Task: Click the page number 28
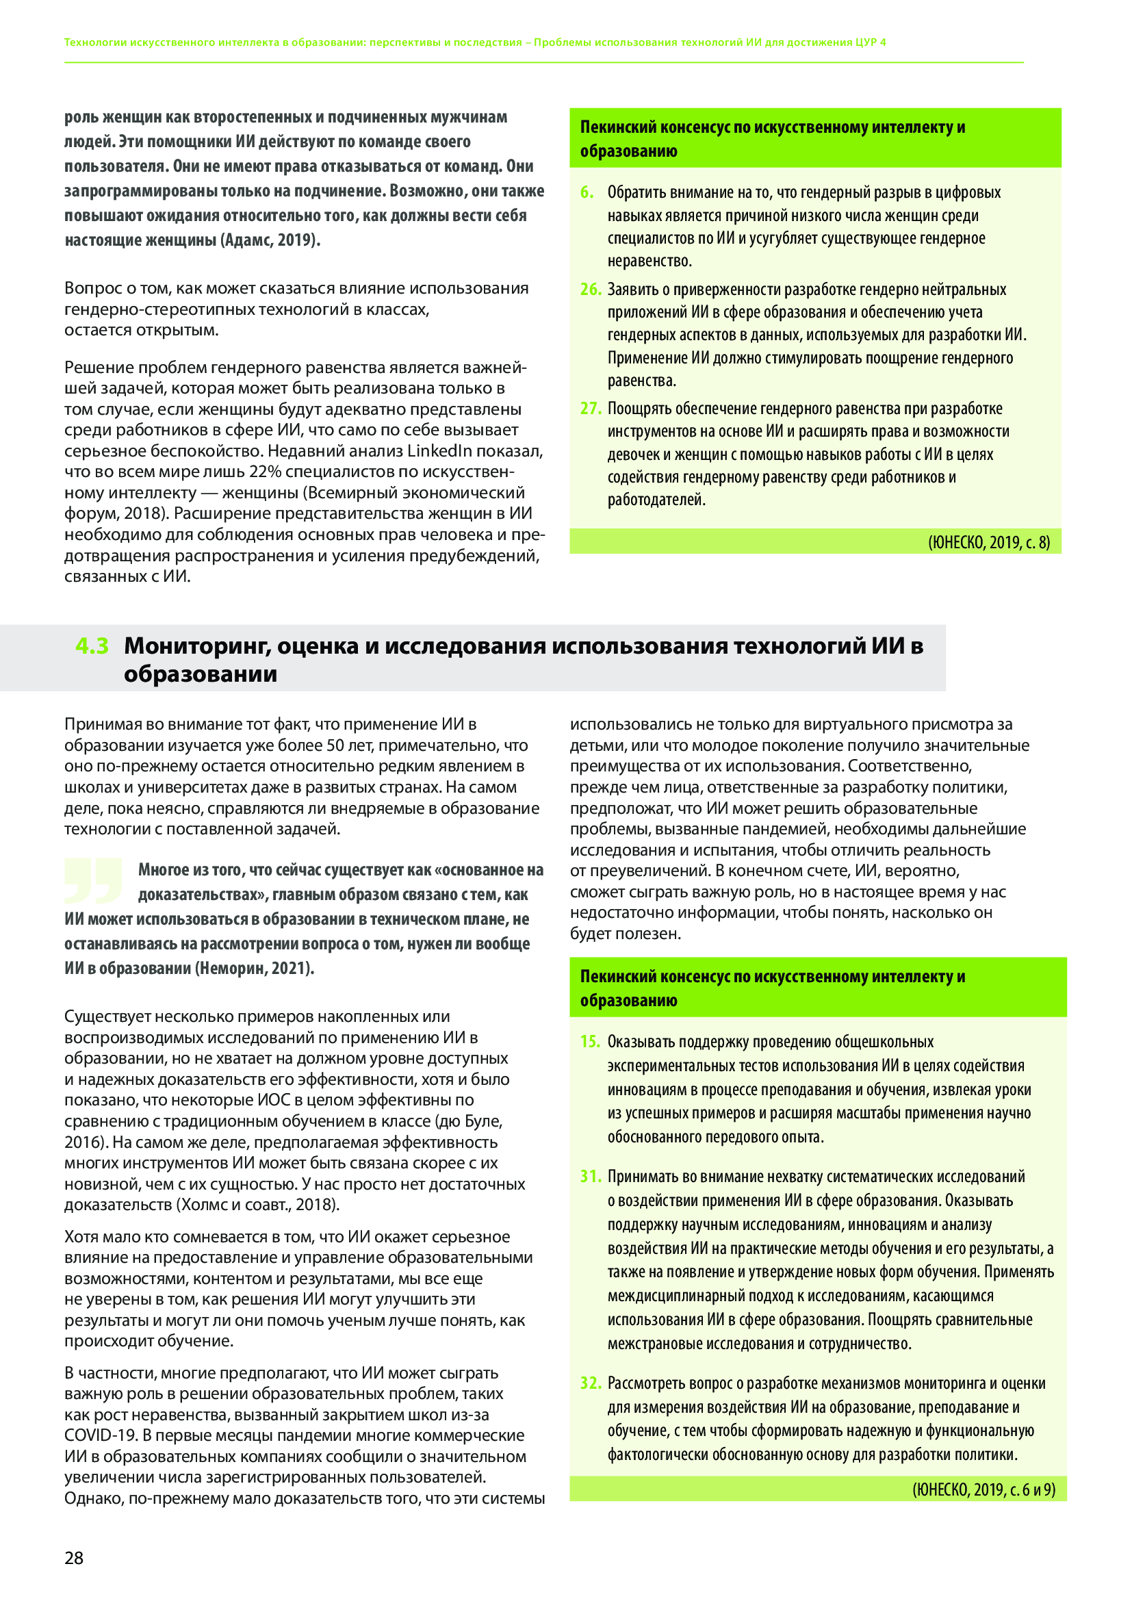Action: click(x=74, y=1558)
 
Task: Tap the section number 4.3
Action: click(x=92, y=645)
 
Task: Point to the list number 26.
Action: click(x=591, y=290)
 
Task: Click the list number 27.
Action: click(x=591, y=408)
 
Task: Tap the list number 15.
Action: click(x=591, y=1042)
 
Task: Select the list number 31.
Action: click(x=591, y=1177)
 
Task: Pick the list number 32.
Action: click(x=591, y=1383)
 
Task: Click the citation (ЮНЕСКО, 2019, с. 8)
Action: click(x=988, y=542)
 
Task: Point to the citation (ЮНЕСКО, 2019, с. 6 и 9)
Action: click(x=983, y=1489)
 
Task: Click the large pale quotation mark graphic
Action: click(x=93, y=881)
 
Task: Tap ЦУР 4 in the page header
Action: click(x=871, y=42)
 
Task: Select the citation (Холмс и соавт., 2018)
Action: click(x=258, y=1205)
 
